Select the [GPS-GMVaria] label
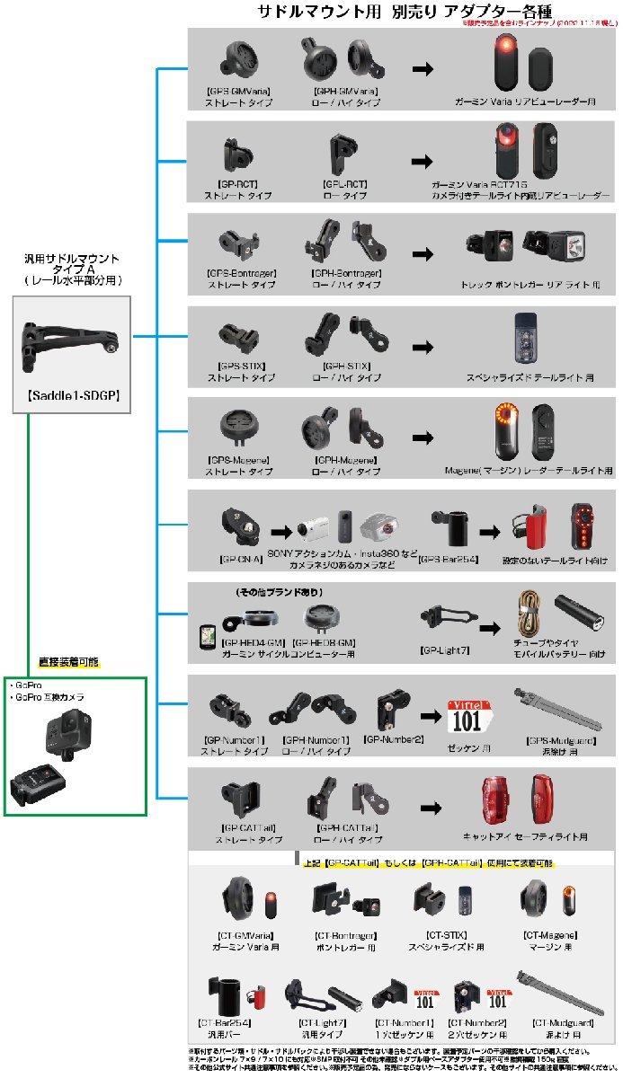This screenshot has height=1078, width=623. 237,92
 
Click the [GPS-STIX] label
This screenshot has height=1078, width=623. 238,367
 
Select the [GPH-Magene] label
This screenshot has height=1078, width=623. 344,459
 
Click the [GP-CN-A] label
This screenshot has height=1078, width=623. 240,558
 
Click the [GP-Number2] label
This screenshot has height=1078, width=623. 393,738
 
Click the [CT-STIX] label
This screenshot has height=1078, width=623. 445,935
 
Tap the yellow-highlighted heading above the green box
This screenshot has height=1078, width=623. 68,662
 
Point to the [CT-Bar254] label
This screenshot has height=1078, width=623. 222,1021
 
